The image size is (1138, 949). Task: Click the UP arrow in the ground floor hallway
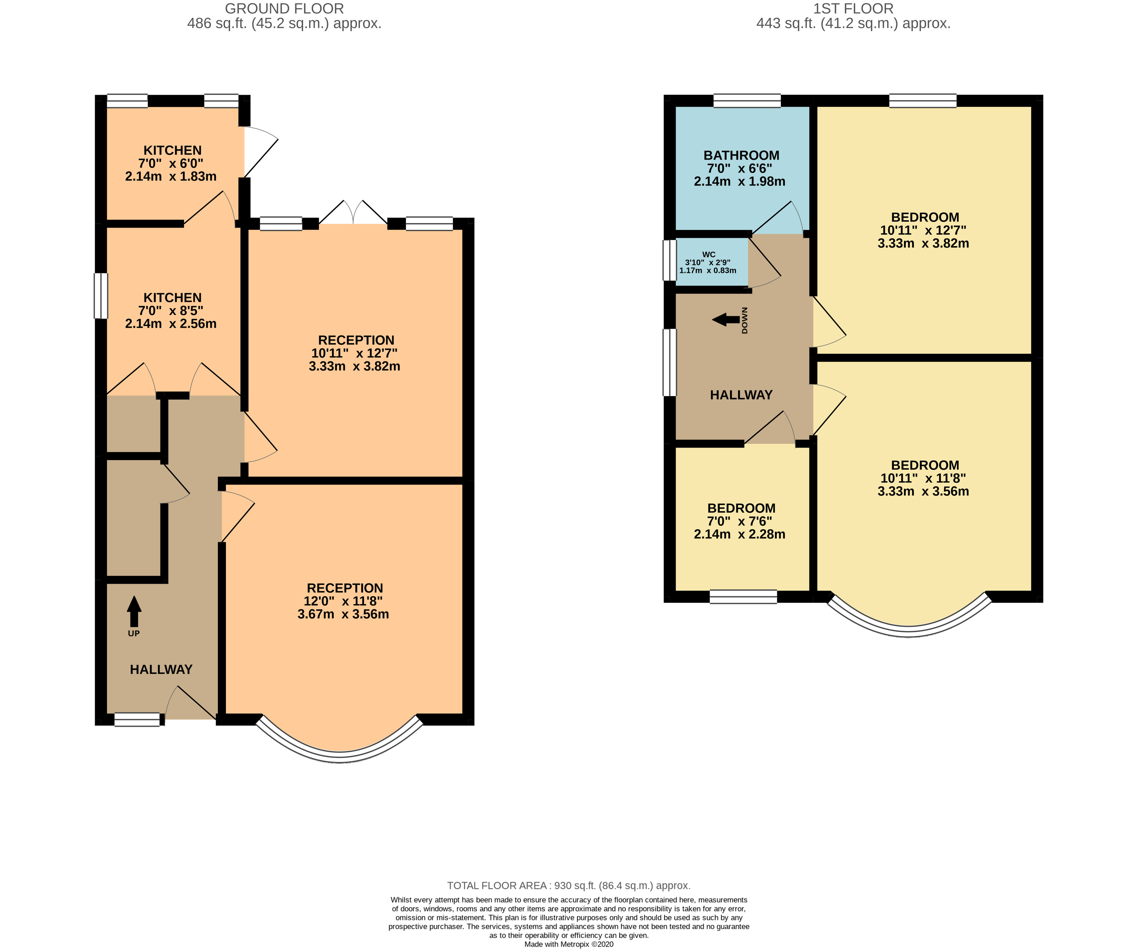[x=134, y=611]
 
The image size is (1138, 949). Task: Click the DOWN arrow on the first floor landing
[x=726, y=320]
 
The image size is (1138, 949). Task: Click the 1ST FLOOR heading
[x=853, y=9]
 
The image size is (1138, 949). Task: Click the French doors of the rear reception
[x=353, y=213]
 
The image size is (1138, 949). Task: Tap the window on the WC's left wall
[x=670, y=260]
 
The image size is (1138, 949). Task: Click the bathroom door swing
[x=777, y=218]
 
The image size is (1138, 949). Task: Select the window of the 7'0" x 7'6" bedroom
[x=743, y=597]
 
